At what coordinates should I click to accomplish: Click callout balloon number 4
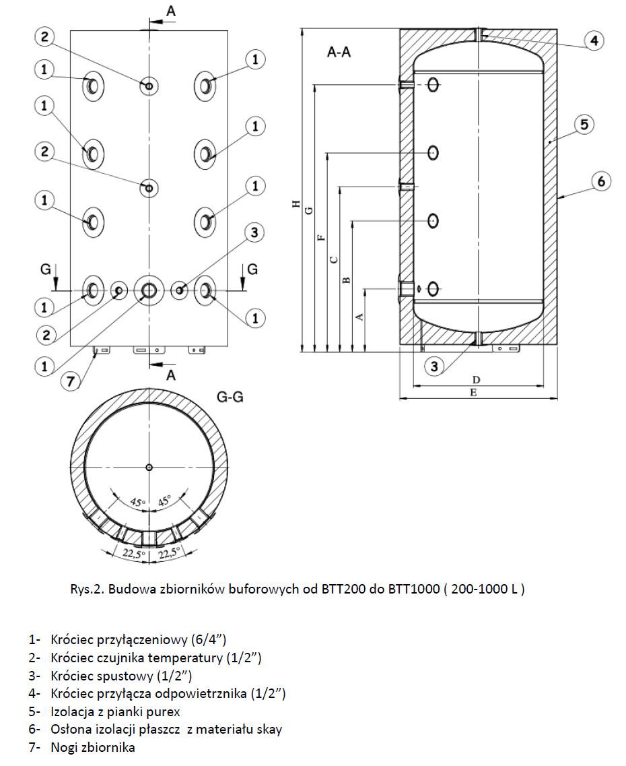click(593, 40)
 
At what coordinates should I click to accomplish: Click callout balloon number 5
click(583, 124)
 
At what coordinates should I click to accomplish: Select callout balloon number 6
click(601, 181)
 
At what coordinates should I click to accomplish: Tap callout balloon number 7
click(69, 381)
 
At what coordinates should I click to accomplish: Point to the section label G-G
click(230, 397)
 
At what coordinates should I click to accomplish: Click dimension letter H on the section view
click(296, 204)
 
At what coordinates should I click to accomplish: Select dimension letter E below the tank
click(473, 392)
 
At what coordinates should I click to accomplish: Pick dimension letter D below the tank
click(476, 380)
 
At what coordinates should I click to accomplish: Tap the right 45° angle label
click(164, 502)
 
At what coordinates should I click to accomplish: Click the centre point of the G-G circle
click(149, 468)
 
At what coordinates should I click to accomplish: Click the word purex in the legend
click(162, 711)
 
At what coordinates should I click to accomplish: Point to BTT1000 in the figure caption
click(414, 589)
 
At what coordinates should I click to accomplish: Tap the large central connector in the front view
click(148, 290)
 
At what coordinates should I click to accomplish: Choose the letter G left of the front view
click(46, 269)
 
